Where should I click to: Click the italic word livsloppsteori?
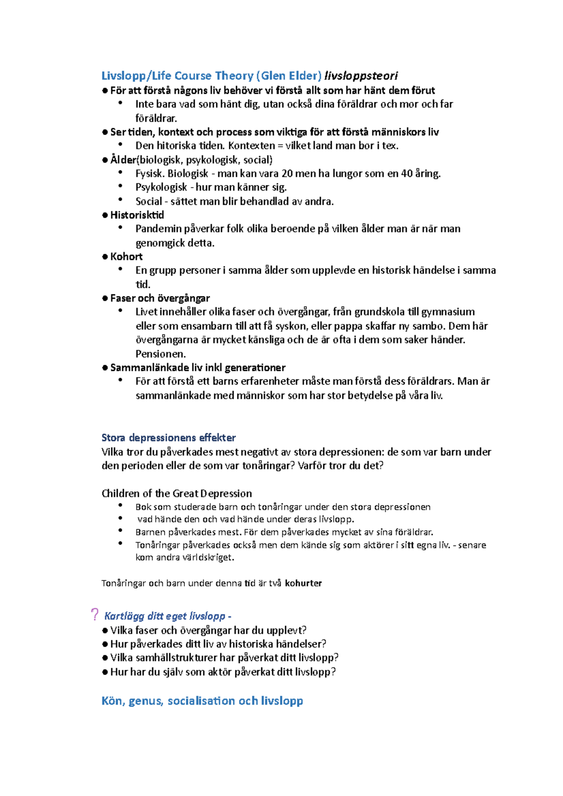[361, 75]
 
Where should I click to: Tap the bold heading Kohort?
[126, 256]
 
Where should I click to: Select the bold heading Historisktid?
[137, 215]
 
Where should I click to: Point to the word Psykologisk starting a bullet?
[161, 187]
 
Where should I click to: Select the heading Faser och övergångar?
[160, 298]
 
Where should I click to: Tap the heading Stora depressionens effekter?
[168, 437]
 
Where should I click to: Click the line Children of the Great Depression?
[176, 493]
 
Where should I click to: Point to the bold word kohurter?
[303, 583]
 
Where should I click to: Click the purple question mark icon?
[95, 614]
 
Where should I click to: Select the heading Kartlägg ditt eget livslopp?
[165, 616]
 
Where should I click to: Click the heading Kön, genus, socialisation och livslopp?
[202, 701]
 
